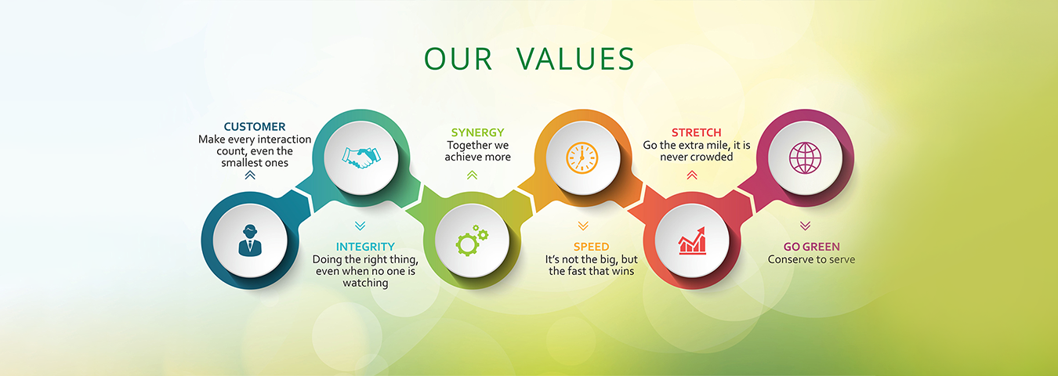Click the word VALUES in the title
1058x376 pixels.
(575, 59)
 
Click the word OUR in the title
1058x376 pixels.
(458, 59)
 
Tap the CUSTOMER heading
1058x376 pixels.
(255, 127)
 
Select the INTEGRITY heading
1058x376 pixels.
(365, 247)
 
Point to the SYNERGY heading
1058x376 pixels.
(477, 132)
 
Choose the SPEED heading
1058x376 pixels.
(592, 247)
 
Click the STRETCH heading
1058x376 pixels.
(696, 132)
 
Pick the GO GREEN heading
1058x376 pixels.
(811, 247)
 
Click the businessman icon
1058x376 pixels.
(250, 240)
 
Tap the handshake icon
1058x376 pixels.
(361, 157)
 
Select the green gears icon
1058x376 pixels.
(472, 240)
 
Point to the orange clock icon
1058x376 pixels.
(582, 157)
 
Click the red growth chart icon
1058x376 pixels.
(692, 240)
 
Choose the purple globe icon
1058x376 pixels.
(805, 157)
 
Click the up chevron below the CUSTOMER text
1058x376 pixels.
(250, 175)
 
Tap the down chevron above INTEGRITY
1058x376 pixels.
(361, 226)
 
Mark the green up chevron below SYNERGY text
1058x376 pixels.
(472, 175)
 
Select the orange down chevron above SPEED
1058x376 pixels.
(583, 226)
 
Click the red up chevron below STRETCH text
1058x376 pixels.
(692, 175)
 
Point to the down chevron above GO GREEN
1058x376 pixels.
(806, 226)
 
